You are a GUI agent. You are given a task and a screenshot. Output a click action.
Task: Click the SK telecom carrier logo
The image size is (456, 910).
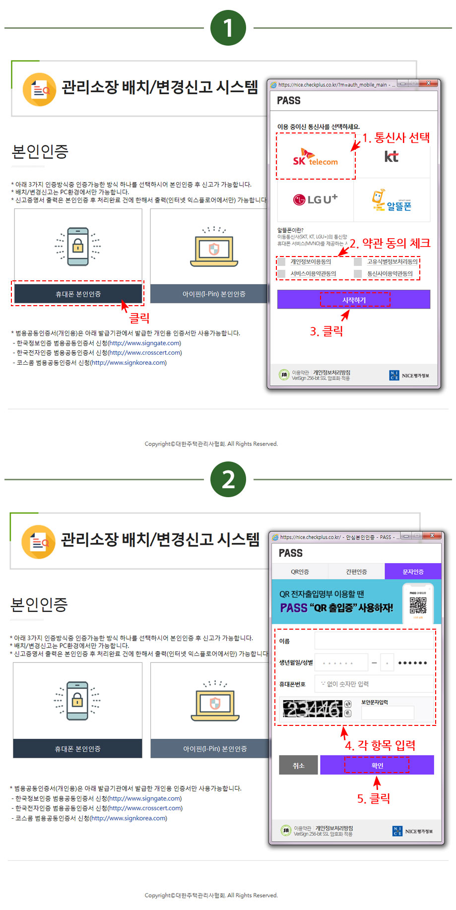coord(316,157)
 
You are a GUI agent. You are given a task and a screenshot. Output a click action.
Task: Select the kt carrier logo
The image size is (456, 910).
coord(391,157)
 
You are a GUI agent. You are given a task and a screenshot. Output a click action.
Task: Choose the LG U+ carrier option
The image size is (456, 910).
coord(315,199)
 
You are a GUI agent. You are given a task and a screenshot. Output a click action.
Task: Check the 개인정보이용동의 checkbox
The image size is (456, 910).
coord(282,261)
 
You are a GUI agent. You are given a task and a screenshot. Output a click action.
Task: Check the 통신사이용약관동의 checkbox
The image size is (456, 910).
coord(358,273)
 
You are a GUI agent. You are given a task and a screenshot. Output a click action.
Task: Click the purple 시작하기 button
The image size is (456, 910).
coord(353,300)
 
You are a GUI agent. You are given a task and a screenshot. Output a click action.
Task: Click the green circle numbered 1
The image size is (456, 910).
coord(228,28)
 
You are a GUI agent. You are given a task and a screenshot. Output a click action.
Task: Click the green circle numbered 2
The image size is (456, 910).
coord(228,479)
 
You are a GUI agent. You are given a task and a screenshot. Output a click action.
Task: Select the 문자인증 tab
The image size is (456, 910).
coord(413,572)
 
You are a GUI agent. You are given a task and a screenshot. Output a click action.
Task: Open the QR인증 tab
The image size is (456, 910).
coord(300,572)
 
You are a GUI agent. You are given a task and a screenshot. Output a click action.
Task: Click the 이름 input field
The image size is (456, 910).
coord(374,641)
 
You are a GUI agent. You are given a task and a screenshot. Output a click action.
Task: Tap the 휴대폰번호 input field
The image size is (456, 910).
coord(374,684)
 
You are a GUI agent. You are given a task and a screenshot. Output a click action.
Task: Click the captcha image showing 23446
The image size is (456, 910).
coord(313,709)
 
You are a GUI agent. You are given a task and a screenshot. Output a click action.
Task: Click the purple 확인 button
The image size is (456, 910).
coord(377,765)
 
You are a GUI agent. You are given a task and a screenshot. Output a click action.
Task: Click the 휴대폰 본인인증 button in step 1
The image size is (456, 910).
coord(78,294)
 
